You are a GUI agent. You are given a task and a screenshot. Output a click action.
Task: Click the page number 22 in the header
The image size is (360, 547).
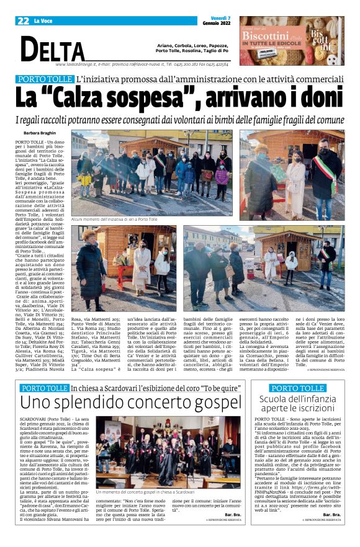point(23,20)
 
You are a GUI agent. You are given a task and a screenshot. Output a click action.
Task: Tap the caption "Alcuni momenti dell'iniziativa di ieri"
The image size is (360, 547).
point(115,220)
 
